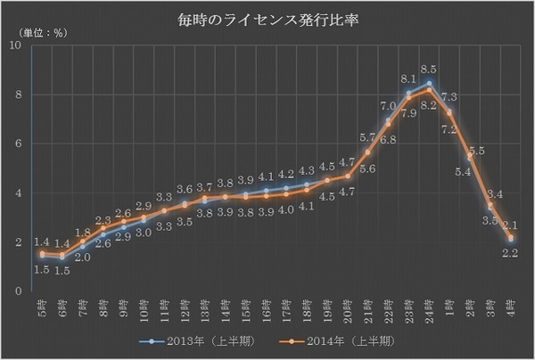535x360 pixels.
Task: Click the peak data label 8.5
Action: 429,69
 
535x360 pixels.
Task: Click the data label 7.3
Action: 450,97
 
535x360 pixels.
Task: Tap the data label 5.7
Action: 367,137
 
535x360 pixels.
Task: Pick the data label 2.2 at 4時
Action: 512,256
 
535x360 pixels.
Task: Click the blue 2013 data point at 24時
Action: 430,84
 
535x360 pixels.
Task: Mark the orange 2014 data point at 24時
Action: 430,90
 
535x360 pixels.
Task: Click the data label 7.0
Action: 388,106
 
